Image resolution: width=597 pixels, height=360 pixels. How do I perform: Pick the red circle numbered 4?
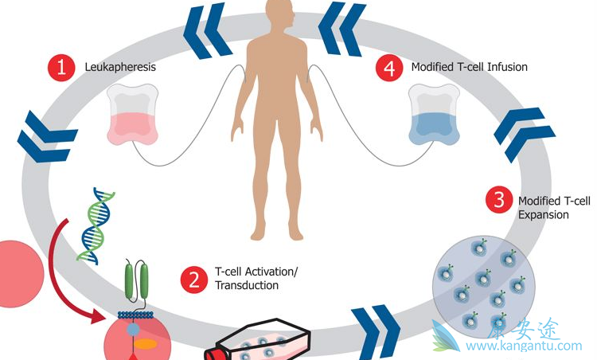click(x=389, y=68)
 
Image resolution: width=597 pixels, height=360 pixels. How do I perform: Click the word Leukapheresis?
click(x=120, y=67)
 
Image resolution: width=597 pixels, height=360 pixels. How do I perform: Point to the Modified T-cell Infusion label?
click(x=469, y=67)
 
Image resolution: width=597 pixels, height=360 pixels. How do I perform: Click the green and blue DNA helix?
click(x=96, y=225)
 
